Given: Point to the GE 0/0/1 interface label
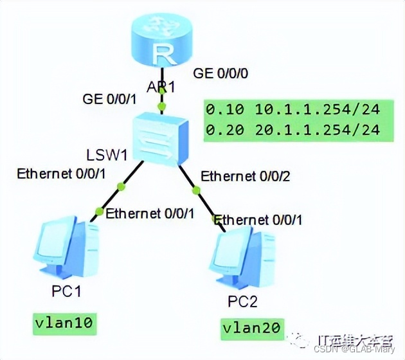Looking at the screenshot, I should click(x=110, y=99).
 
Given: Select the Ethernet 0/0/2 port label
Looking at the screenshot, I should click(x=244, y=175).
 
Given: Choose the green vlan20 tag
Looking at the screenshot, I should click(x=251, y=328).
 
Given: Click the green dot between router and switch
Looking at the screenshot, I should click(x=163, y=105).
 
